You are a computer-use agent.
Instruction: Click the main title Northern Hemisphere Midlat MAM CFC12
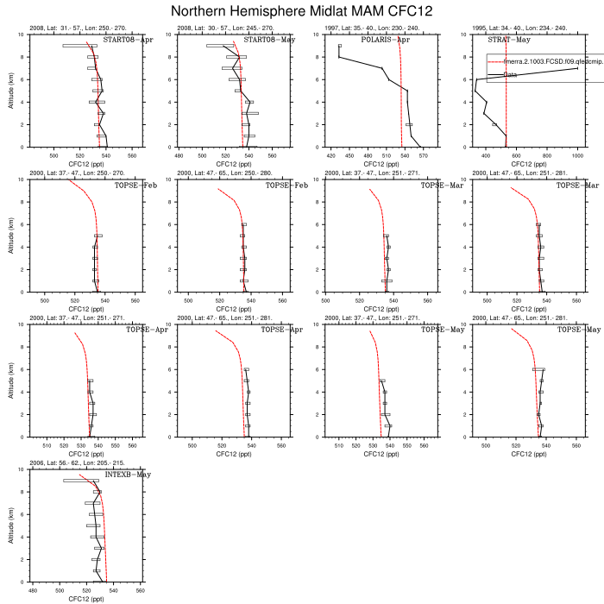pos(301,11)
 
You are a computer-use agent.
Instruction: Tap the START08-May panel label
pos(267,41)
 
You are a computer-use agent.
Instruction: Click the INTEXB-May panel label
pos(128,475)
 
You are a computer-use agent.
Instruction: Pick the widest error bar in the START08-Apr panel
pos(75,46)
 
